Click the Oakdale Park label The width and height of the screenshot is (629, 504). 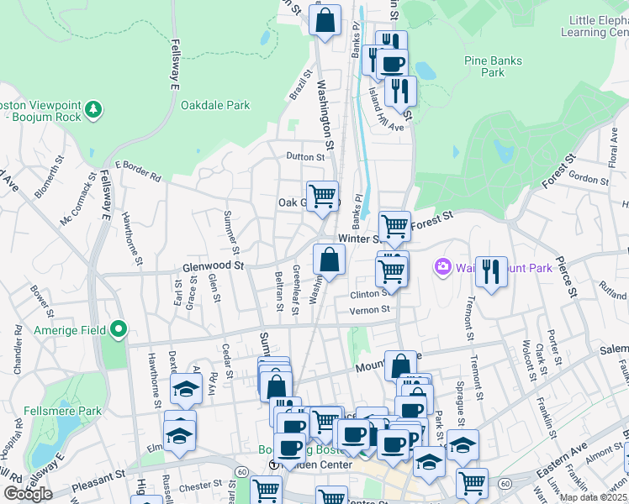[x=215, y=106]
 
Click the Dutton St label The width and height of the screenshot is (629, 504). [x=304, y=156]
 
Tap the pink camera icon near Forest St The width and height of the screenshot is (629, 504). [x=442, y=267]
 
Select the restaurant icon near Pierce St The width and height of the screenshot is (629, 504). [x=491, y=271]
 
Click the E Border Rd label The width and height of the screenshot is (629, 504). [x=138, y=170]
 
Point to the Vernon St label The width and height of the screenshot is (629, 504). [x=370, y=309]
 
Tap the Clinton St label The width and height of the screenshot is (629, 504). [x=370, y=294]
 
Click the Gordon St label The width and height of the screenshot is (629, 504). [x=588, y=178]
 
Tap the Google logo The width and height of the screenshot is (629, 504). [x=28, y=494]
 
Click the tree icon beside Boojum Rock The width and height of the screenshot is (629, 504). [x=93, y=109]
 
